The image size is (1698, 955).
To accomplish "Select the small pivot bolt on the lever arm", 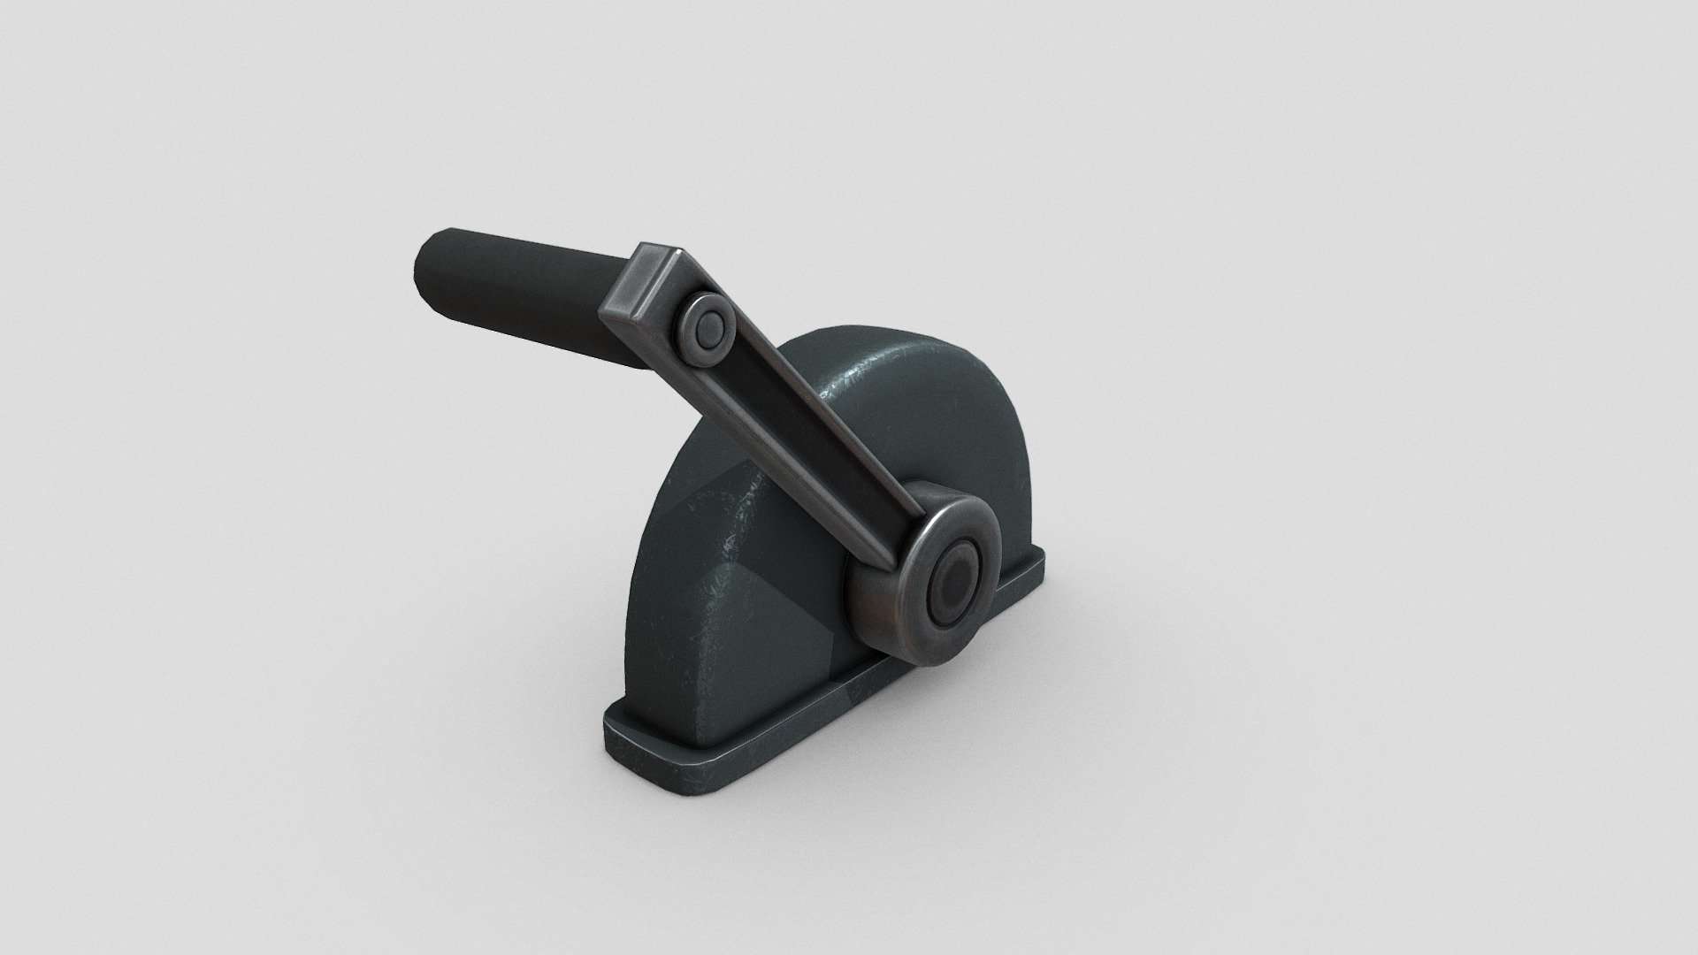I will coord(705,332).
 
